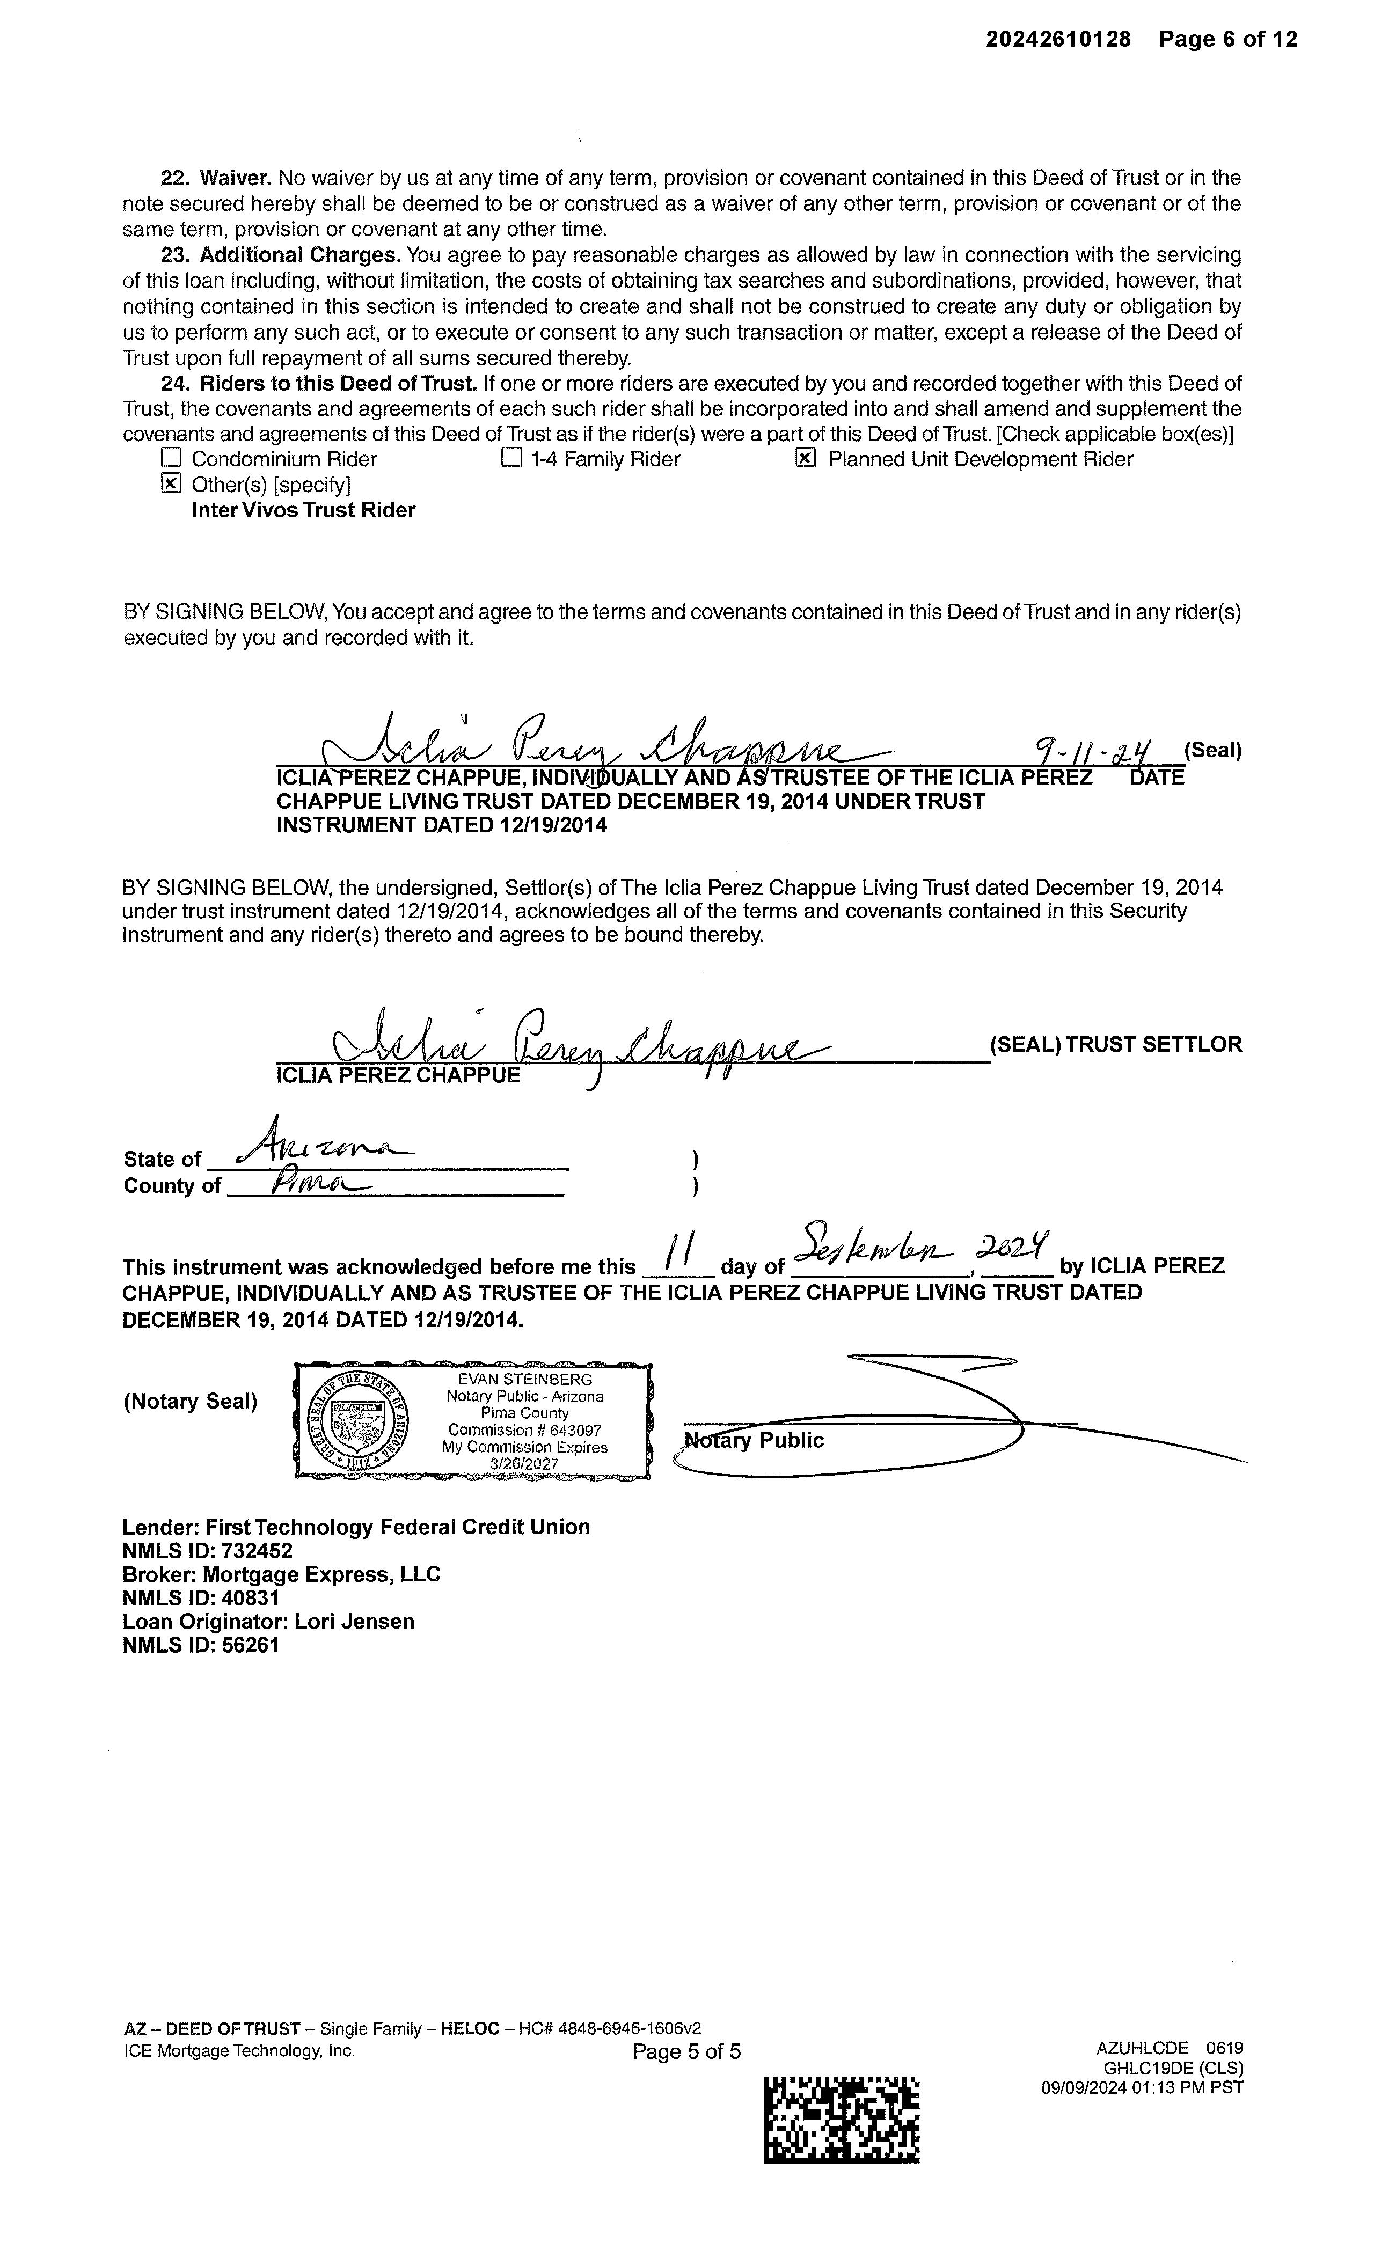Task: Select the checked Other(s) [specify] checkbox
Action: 171,484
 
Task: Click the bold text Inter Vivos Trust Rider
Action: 303,510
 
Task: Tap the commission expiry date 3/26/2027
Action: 524,1463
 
